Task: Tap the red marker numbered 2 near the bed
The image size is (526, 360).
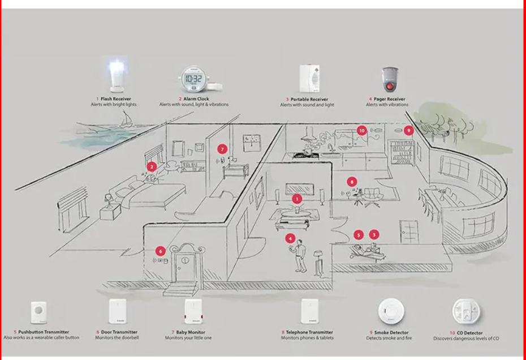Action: point(151,167)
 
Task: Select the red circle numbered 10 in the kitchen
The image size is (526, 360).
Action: point(362,130)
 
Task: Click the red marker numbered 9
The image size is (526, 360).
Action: point(409,130)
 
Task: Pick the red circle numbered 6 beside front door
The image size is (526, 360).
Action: point(160,251)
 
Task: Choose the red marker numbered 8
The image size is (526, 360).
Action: point(352,182)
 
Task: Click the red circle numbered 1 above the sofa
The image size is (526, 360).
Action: point(297,199)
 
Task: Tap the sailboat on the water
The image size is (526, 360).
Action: point(128,119)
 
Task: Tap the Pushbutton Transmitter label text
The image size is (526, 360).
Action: point(44,332)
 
